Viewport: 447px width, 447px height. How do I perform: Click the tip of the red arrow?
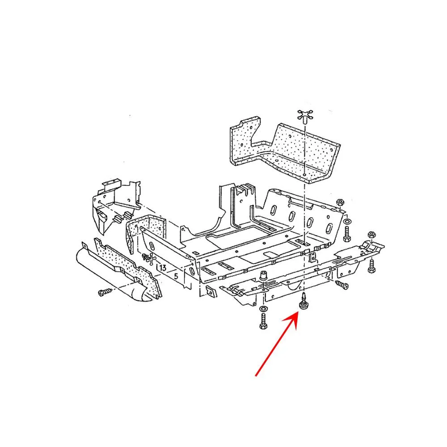299,312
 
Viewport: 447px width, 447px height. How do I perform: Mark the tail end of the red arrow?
255,376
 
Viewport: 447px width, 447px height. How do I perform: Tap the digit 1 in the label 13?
161,268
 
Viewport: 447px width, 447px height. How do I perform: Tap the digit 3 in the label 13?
164,268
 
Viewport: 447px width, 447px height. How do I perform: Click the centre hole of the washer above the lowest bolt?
263,309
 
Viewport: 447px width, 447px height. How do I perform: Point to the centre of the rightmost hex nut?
371,235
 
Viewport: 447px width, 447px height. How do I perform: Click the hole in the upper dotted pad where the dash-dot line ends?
305,174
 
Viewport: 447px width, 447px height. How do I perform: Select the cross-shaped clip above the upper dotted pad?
305,116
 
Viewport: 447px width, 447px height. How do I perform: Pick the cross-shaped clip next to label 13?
149,258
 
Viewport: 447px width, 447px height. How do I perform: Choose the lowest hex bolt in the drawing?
263,321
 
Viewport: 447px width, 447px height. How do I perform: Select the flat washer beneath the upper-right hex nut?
347,221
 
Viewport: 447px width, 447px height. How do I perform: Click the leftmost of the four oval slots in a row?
273,211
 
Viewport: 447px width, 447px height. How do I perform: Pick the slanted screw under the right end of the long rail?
342,284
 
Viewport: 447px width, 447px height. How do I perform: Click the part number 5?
176,276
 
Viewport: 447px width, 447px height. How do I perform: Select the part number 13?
163,268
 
